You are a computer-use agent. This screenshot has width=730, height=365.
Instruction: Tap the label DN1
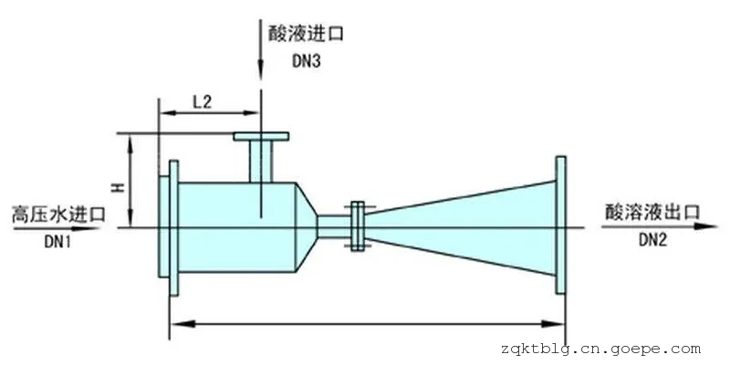pos(57,242)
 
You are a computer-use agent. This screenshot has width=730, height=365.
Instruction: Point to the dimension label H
pos(117,187)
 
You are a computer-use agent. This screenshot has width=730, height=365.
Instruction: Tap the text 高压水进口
pos(58,215)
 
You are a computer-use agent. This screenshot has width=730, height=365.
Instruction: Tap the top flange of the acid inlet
pos(261,138)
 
